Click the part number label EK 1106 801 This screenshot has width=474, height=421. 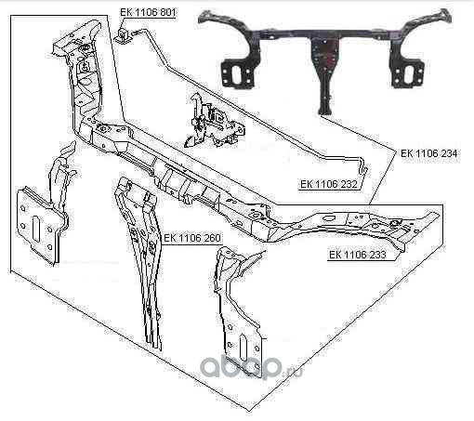(148, 12)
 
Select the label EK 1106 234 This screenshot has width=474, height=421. (428, 153)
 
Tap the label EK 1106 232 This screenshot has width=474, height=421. (329, 184)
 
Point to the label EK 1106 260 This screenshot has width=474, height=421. (192, 238)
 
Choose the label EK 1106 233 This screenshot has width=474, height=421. (358, 255)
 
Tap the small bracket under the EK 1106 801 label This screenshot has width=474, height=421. (123, 34)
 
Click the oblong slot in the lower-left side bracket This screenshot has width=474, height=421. (36, 229)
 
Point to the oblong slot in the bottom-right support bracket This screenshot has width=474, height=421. (244, 347)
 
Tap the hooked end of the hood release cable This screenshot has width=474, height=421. (365, 169)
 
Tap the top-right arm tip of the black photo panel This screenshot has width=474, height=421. (446, 14)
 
